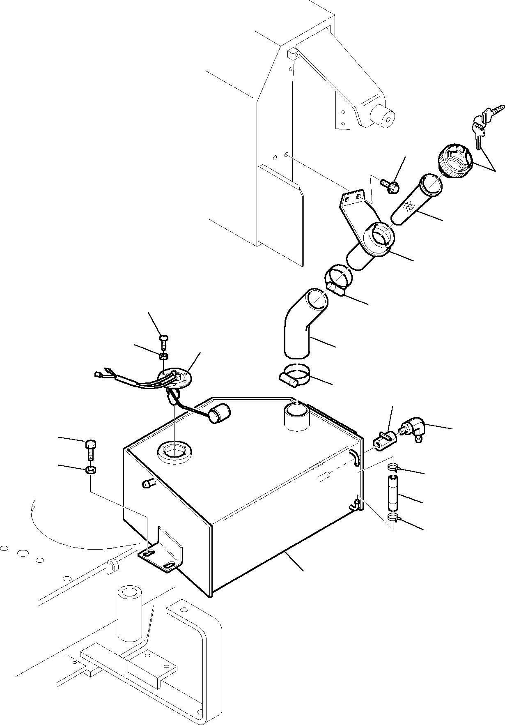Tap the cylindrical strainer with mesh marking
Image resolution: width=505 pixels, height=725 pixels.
(x=415, y=200)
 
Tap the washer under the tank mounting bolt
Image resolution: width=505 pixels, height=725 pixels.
(x=91, y=469)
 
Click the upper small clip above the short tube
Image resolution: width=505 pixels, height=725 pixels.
(x=393, y=467)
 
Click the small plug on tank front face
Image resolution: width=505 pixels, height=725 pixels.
(x=147, y=483)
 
